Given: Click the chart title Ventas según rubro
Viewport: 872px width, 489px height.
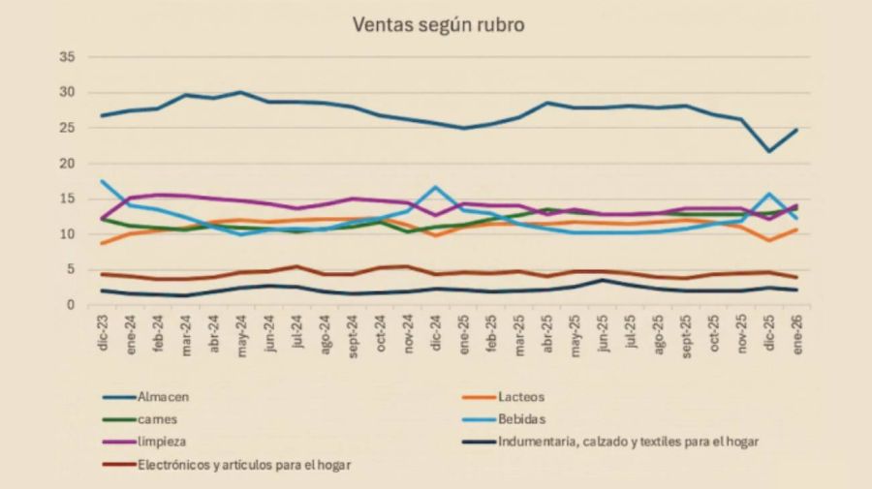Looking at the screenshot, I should (x=438, y=25).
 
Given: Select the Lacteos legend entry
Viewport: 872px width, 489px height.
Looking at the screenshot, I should (x=522, y=395).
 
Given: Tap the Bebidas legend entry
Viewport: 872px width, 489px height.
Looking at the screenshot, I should (x=524, y=418).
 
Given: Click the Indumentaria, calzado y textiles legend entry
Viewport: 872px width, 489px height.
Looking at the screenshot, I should (x=629, y=442).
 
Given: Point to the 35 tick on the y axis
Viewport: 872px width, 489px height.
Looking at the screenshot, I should (x=67, y=57).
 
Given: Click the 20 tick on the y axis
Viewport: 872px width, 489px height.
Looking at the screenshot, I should (x=67, y=164).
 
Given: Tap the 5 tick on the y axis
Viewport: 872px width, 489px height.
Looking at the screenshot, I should (x=71, y=270).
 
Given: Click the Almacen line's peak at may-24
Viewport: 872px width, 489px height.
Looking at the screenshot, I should (x=240, y=92).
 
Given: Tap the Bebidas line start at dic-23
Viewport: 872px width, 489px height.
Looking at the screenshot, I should (x=103, y=181).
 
